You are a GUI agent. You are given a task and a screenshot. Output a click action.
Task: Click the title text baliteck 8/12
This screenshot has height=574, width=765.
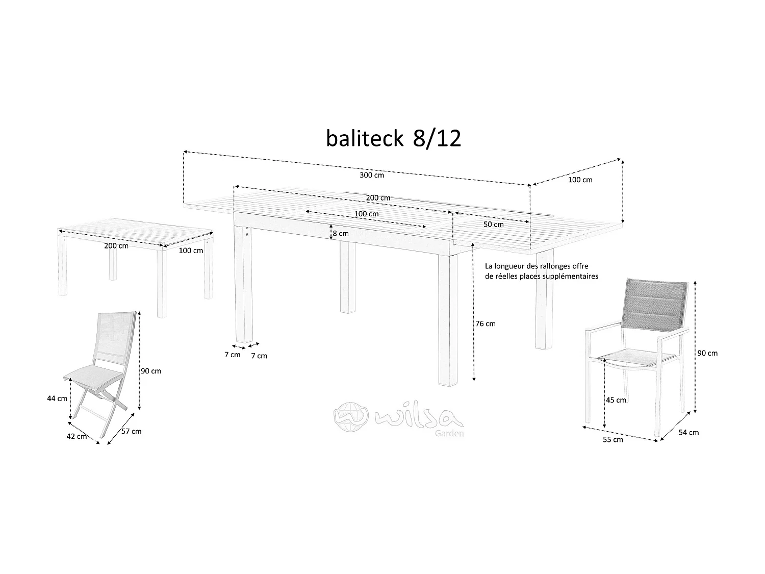click(393, 139)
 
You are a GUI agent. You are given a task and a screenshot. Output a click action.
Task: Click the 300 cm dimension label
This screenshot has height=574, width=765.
click(371, 175)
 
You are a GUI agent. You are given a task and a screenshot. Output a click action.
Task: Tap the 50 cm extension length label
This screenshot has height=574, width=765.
click(493, 224)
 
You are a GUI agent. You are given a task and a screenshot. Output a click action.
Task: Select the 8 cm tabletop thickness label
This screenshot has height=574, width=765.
click(340, 233)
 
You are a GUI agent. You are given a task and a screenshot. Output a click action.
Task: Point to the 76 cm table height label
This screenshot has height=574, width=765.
click(485, 323)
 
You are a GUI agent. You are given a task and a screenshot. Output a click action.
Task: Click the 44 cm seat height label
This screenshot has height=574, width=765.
click(57, 398)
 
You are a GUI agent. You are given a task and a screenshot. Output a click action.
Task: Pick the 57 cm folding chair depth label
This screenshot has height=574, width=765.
click(131, 431)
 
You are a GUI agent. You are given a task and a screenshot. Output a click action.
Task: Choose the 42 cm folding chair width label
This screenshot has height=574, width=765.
click(77, 437)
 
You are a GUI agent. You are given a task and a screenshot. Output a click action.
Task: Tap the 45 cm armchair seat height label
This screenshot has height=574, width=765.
click(616, 400)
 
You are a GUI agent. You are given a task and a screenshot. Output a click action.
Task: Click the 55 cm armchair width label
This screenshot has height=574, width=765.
click(613, 440)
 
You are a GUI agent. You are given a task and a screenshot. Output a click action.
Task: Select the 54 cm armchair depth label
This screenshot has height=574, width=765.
click(688, 432)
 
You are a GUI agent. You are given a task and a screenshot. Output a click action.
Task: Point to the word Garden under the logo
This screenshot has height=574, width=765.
click(449, 434)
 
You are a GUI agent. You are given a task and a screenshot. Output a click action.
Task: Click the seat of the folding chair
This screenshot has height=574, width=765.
click(94, 376)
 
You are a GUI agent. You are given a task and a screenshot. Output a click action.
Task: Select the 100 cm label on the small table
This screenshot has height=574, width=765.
click(191, 251)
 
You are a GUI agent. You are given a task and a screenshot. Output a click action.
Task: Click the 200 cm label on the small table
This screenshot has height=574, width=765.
click(116, 245)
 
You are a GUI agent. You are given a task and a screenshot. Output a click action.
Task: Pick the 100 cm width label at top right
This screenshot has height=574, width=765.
click(580, 180)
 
